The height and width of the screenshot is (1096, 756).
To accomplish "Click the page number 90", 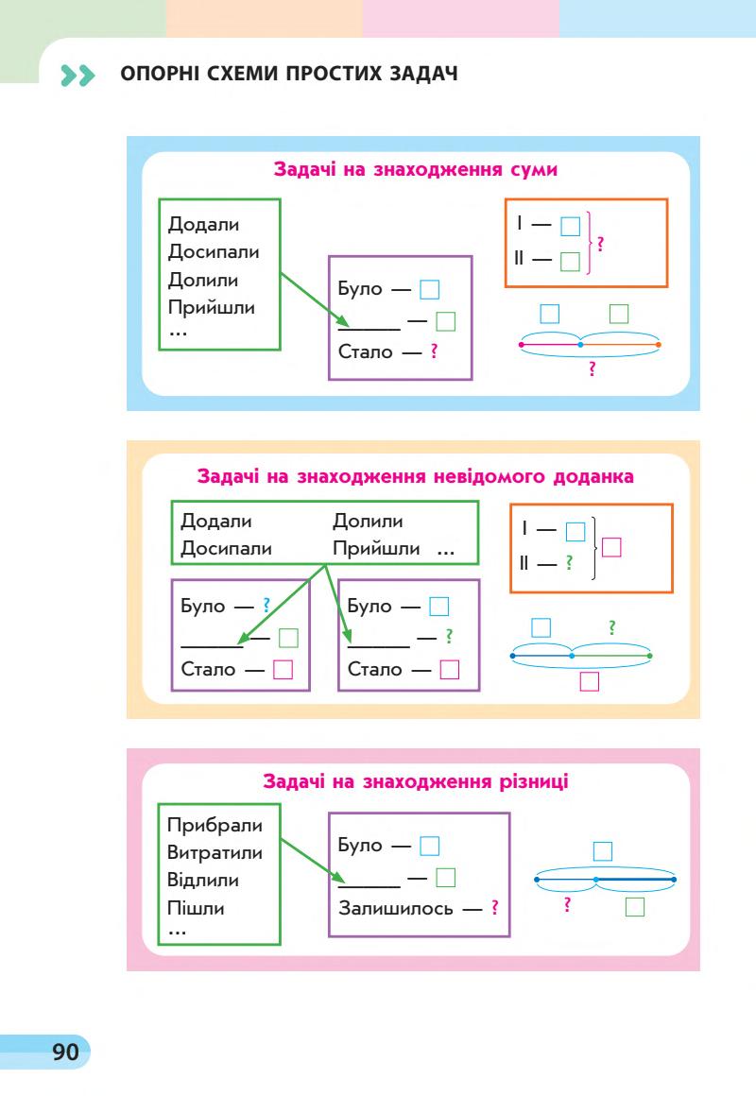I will (x=65, y=1052).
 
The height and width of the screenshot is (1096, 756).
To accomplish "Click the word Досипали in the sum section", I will (x=214, y=252).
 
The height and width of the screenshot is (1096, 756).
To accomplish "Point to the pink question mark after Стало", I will (x=435, y=352).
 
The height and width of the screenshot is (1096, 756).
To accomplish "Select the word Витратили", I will (x=215, y=853).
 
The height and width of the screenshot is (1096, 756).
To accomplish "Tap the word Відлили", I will (x=203, y=881).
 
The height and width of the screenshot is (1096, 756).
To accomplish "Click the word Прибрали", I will (x=215, y=825).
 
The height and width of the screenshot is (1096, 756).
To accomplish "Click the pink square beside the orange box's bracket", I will (x=611, y=547).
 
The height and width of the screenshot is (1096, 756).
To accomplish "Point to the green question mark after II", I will (x=569, y=564).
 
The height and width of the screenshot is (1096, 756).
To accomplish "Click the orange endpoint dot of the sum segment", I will (x=659, y=345).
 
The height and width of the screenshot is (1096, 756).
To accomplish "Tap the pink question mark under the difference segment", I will (x=565, y=904).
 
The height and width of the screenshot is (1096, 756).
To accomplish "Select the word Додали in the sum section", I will (x=203, y=225).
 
